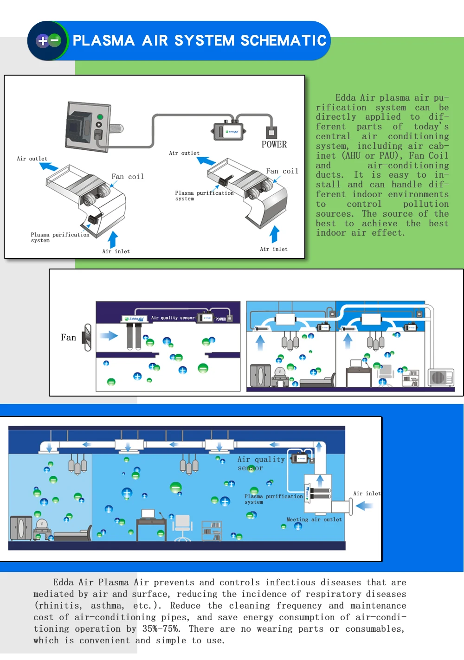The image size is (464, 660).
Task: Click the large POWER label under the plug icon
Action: point(274,145)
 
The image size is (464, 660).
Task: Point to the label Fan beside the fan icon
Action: point(68,338)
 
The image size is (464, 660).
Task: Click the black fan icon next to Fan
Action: point(87,337)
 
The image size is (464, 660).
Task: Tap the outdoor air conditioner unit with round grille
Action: point(440,377)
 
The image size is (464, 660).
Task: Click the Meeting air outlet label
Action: point(314,520)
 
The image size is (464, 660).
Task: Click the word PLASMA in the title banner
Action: point(103,41)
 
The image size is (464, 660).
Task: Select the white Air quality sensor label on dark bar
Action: point(173,318)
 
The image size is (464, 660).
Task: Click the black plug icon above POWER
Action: point(271,132)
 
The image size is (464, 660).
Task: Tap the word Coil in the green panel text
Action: point(438,156)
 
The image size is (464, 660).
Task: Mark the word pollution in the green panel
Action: point(425,204)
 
